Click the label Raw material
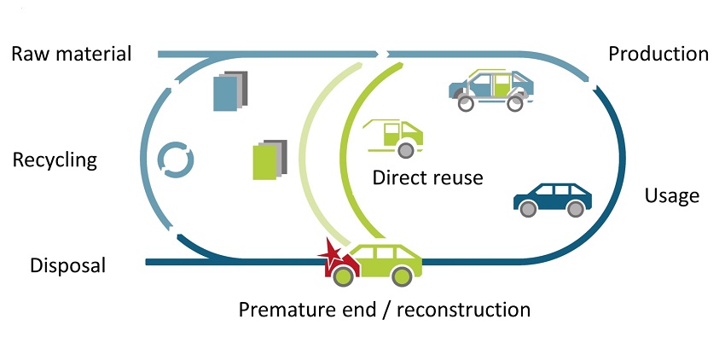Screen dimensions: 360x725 pyautogui.click(x=72, y=55)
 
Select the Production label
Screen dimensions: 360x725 pyautogui.click(x=658, y=54)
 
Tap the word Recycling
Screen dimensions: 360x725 pyautogui.click(x=55, y=160)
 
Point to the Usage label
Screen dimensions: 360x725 pyautogui.click(x=671, y=195)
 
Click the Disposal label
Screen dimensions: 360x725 pyautogui.click(x=67, y=265)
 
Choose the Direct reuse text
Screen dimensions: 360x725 pyautogui.click(x=427, y=178)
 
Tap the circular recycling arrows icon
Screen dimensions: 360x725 pyautogui.click(x=177, y=160)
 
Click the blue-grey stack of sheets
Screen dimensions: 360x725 pyautogui.click(x=231, y=92)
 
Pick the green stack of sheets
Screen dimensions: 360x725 pyautogui.click(x=270, y=160)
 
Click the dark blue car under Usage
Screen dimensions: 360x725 pyautogui.click(x=553, y=198)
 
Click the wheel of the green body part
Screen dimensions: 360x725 pyautogui.click(x=406, y=150)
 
